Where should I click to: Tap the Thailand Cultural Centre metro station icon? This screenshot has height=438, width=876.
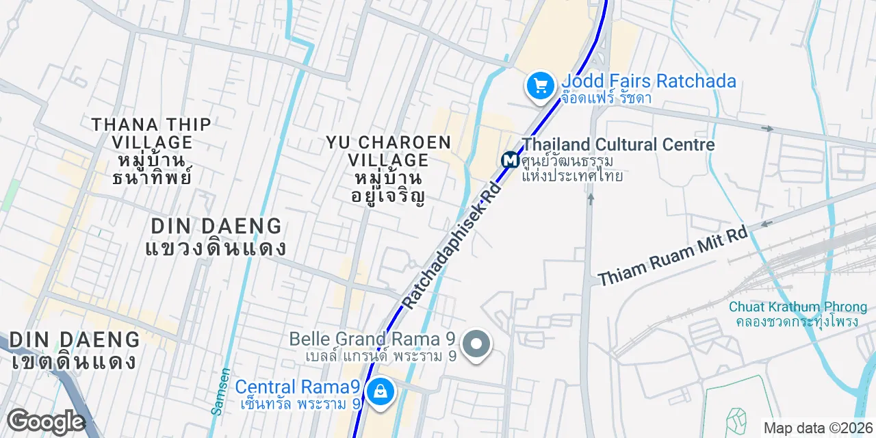point(510,160)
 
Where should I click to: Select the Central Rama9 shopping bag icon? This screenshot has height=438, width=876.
point(378,392)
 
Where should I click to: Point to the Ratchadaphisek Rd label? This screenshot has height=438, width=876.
point(452,244)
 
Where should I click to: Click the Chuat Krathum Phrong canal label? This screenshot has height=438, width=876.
point(797,307)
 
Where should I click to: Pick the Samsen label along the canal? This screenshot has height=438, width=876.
point(220,392)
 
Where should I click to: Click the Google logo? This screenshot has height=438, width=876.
point(46,422)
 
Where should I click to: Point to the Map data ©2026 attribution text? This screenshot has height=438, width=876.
point(818,428)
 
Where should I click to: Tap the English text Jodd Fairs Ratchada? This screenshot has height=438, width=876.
point(649,81)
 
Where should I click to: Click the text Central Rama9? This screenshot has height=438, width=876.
point(298,387)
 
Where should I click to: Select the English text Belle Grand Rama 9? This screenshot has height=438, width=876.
point(373,339)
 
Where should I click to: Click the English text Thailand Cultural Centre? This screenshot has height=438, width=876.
point(618,144)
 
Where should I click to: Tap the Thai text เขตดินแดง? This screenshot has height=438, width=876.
point(74,361)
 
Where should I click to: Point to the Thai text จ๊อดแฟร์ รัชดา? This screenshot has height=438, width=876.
point(606,98)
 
